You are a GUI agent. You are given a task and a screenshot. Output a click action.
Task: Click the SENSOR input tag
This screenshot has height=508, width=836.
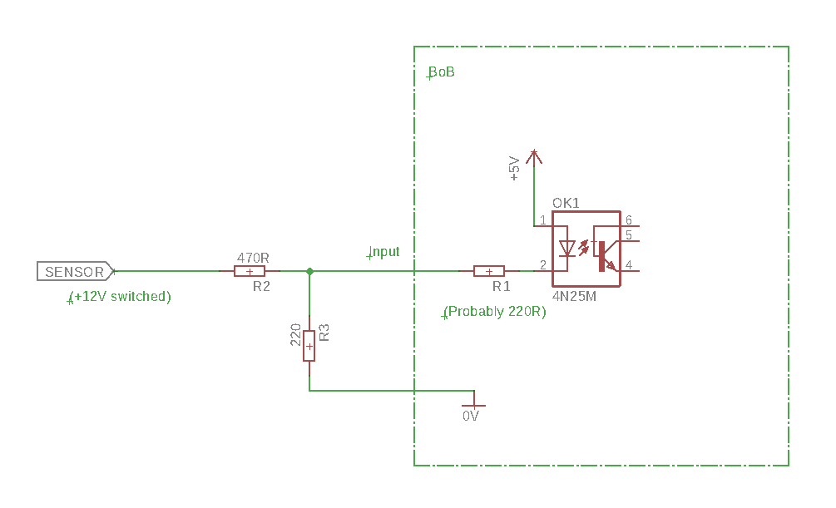pyautogui.click(x=75, y=271)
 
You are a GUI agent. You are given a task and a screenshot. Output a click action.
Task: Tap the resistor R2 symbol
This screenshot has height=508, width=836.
pyautogui.click(x=250, y=271)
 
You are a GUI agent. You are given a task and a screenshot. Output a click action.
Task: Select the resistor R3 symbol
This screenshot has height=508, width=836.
pyautogui.click(x=309, y=346)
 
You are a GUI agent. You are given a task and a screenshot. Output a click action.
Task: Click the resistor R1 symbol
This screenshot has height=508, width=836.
pyautogui.click(x=489, y=271)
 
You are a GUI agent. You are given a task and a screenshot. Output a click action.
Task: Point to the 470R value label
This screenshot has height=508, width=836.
pyautogui.click(x=253, y=258)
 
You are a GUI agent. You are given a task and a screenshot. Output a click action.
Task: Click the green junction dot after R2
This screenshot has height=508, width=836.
pyautogui.click(x=309, y=271)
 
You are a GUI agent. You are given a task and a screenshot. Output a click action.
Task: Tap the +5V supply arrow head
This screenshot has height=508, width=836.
pyautogui.click(x=534, y=156)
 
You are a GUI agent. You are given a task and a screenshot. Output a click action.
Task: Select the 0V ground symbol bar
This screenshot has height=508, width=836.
pyautogui.click(x=473, y=406)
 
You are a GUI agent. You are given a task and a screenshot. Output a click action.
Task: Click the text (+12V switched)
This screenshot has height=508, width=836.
pyautogui.click(x=120, y=297)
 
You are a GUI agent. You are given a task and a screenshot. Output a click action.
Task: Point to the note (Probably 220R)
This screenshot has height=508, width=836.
pyautogui.click(x=495, y=312)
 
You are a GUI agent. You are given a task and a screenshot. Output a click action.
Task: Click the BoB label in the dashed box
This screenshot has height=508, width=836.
pyautogui.click(x=441, y=72)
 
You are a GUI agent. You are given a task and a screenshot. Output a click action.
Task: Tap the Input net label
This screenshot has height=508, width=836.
pyautogui.click(x=383, y=252)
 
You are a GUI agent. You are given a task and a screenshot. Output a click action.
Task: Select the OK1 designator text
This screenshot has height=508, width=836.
pyautogui.click(x=566, y=203)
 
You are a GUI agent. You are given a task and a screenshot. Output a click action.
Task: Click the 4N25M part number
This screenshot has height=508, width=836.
pyautogui.click(x=574, y=296)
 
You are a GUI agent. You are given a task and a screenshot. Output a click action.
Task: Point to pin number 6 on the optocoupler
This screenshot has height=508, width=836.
pyautogui.click(x=629, y=220)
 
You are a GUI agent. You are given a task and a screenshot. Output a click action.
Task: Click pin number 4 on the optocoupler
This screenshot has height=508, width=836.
pyautogui.click(x=629, y=265)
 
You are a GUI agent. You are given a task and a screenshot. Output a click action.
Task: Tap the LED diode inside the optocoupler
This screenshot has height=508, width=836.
pyautogui.click(x=566, y=248)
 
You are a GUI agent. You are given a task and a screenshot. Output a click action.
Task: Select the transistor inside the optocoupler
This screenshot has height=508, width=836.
pyautogui.click(x=607, y=256)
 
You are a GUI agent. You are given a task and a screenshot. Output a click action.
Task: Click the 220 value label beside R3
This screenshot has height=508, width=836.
pyautogui.click(x=296, y=335)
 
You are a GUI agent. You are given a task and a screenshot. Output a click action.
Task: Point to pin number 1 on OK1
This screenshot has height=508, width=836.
pyautogui.click(x=542, y=220)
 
